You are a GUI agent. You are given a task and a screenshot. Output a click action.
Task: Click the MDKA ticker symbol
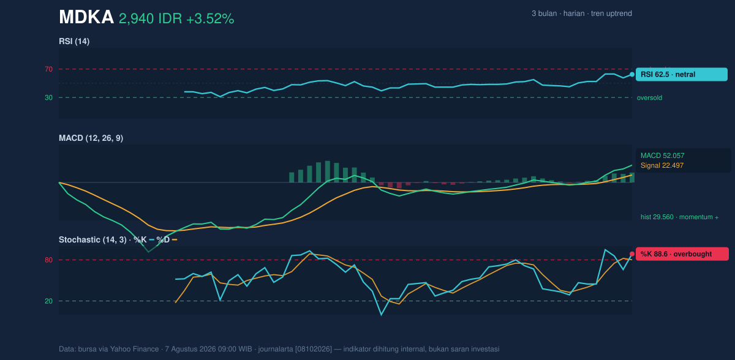86,17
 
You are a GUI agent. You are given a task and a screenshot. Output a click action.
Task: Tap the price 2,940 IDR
150,19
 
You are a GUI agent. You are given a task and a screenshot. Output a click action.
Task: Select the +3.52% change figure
210,19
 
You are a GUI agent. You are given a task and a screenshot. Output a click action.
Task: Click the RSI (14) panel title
74,41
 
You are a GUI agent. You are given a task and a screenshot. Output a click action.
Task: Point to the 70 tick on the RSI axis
48,69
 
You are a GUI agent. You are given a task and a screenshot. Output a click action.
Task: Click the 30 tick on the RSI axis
48,98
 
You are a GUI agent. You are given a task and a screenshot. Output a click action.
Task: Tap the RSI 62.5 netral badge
682,75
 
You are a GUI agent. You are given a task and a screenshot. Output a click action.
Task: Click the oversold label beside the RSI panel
649,98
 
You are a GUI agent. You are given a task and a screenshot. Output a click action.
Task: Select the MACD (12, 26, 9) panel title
91,138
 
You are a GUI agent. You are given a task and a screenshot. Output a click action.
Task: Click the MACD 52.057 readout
663,156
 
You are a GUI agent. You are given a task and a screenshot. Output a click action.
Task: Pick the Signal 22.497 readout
662,165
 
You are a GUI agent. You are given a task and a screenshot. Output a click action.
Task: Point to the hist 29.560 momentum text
679,217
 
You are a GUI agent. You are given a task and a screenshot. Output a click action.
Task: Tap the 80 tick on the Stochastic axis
48,260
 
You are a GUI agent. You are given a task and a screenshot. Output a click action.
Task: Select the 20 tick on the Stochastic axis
48,301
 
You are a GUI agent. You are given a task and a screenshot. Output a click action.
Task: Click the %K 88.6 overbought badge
682,254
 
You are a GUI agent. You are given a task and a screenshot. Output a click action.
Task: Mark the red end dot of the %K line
632,254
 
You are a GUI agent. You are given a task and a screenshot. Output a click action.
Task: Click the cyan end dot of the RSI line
632,75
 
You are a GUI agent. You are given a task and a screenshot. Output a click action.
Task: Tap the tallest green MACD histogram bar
328,171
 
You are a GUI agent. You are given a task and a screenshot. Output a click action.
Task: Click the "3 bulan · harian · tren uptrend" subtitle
582,13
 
